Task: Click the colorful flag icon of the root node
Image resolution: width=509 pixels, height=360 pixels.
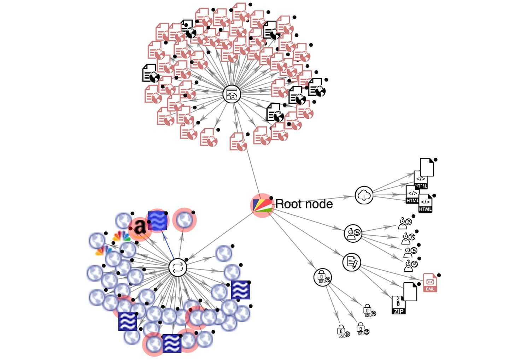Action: pos(262,205)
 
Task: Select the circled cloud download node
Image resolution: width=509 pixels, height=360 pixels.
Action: pos(364,195)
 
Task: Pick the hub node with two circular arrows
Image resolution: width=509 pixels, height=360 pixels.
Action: pos(177,267)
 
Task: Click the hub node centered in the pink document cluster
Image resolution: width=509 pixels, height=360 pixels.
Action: pos(232,94)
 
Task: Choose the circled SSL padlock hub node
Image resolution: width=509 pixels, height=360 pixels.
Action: pos(322,277)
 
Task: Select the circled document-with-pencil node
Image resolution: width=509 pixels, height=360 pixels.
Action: pos(351,262)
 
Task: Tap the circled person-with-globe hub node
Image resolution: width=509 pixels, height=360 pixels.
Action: pos(353,233)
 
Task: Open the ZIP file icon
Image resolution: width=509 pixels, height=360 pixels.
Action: pos(398,305)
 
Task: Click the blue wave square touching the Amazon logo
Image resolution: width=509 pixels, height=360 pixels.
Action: pos(157,221)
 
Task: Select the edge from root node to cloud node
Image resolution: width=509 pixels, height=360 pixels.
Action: pos(315,200)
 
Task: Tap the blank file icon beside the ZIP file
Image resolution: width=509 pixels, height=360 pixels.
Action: pos(410,291)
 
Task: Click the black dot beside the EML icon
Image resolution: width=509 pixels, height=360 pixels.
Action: pos(439,275)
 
